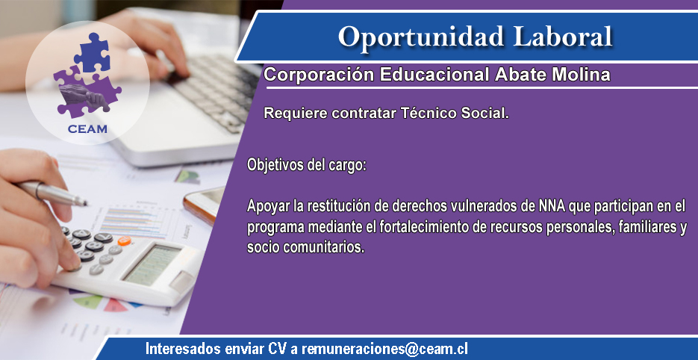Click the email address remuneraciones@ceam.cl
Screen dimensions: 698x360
pos(384,349)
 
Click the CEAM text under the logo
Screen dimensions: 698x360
pos(87,129)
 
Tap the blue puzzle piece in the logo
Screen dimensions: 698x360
pos(92,52)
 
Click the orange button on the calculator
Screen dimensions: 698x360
pos(124,241)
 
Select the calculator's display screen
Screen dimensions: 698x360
pos(152,264)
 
